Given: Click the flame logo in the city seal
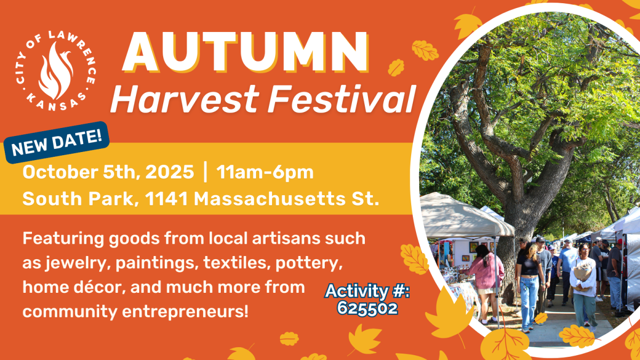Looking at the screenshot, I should tap(55, 70).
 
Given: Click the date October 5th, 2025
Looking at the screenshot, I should tap(108, 173).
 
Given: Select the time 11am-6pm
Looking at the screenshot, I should tap(265, 173).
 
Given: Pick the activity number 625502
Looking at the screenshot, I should tap(367, 308).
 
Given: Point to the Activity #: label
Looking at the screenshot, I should tap(367, 292).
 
